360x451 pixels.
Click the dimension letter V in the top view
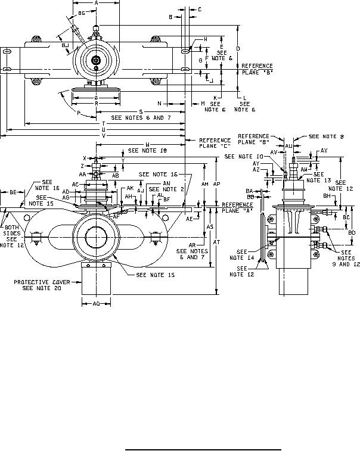point(104,136)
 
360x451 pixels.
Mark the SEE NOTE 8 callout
point(326,137)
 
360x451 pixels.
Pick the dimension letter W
point(147,144)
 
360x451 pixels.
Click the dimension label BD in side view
point(352,232)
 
